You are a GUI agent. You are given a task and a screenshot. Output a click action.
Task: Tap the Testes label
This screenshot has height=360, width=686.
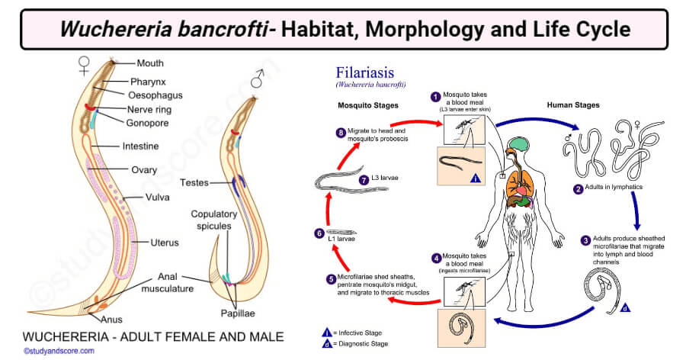click(x=196, y=183)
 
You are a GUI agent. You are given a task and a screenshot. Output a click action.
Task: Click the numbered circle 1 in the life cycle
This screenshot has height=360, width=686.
click(x=435, y=97)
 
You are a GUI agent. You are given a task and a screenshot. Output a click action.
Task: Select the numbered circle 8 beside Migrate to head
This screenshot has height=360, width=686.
click(x=341, y=132)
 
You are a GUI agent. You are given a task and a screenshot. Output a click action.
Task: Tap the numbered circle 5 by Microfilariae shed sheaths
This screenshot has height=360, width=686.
click(x=331, y=279)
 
